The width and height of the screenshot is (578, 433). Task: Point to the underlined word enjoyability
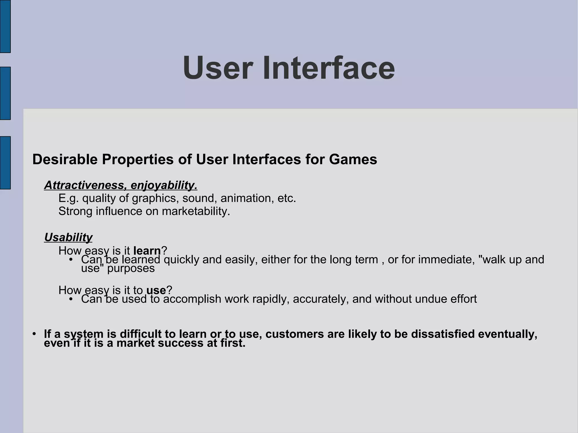tap(164, 185)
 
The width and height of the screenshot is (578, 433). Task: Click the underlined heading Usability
tap(68, 238)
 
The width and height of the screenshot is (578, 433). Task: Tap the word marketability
tap(196, 211)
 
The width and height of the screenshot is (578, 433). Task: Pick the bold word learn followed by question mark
tap(147, 251)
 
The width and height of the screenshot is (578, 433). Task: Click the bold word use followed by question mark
tap(156, 290)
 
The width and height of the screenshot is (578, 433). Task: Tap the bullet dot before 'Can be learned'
tap(71, 260)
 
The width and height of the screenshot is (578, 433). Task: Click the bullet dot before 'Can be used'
tap(71, 299)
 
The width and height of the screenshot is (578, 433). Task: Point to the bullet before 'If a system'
tap(34, 334)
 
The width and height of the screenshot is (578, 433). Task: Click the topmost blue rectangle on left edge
tap(5, 26)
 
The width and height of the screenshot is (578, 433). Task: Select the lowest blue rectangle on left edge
tap(5, 163)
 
